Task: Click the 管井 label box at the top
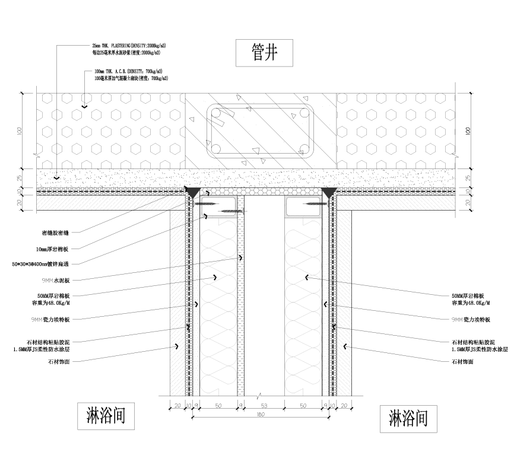click(256, 54)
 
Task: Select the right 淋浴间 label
click(408, 419)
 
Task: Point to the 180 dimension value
click(260, 415)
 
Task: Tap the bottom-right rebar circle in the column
click(304, 149)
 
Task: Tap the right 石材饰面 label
click(462, 361)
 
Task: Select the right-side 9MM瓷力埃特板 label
click(468, 320)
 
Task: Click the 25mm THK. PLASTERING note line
click(128, 46)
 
